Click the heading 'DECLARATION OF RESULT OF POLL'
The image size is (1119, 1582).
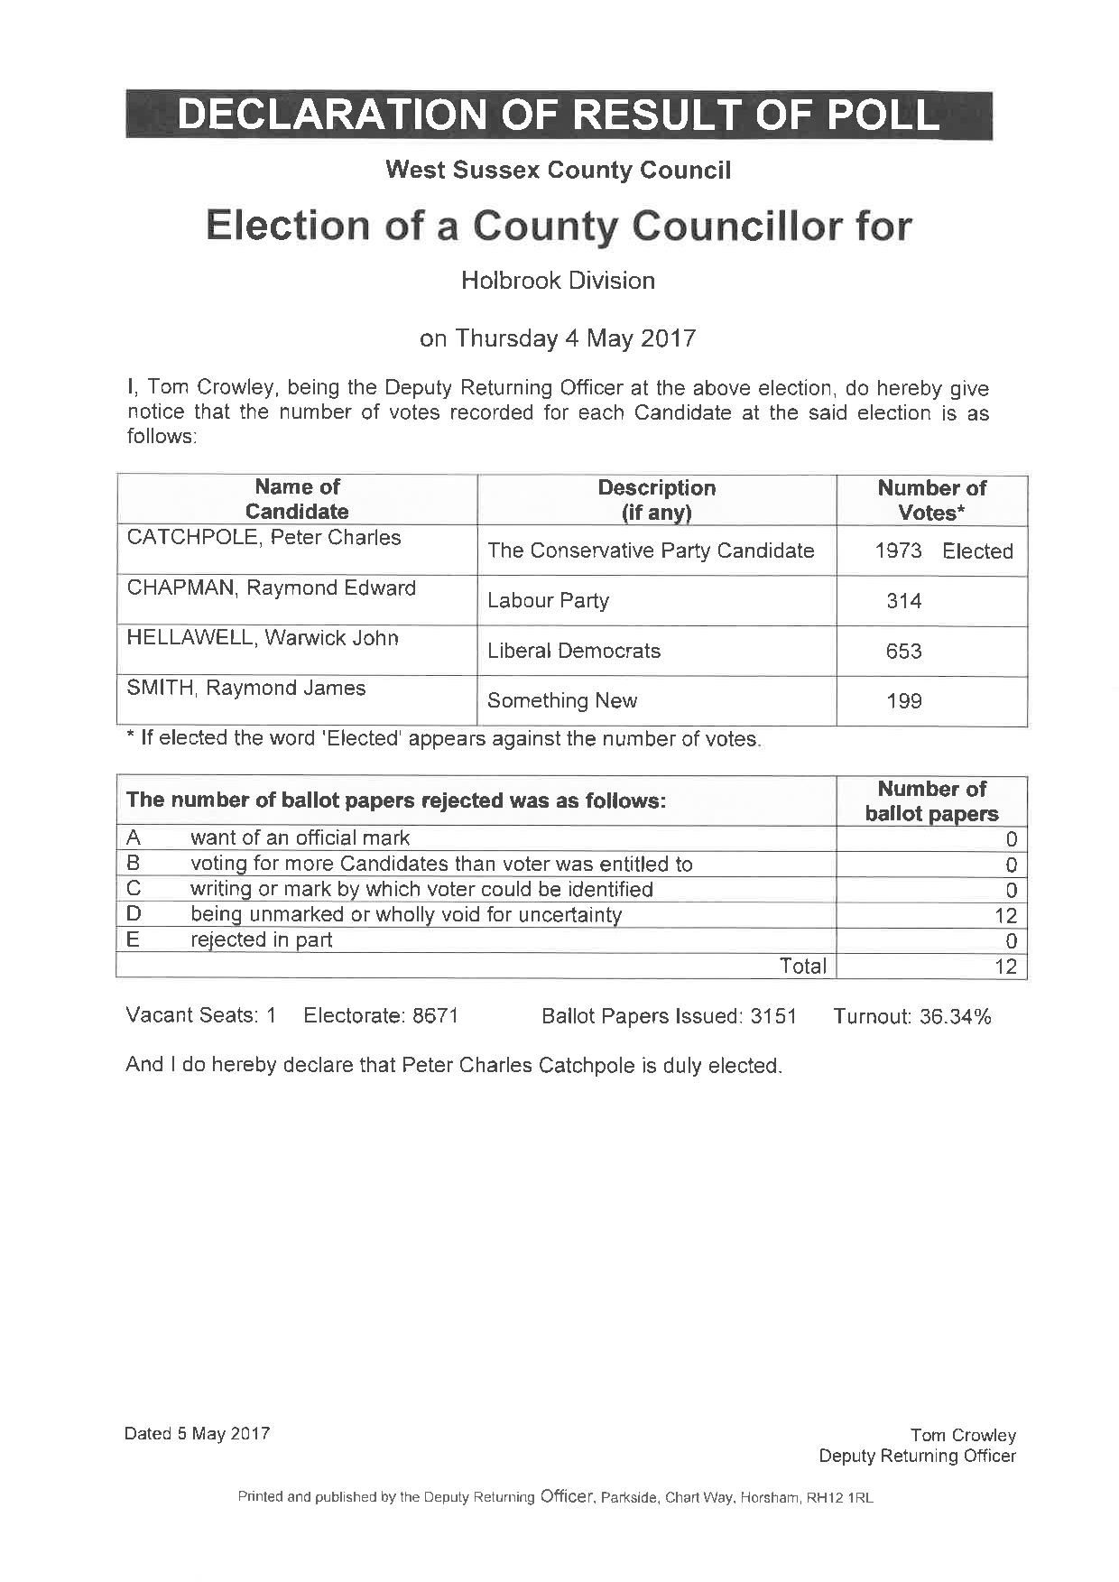pyautogui.click(x=559, y=115)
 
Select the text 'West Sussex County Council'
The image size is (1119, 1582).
pyautogui.click(x=558, y=170)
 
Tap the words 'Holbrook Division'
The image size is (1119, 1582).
pyautogui.click(x=558, y=281)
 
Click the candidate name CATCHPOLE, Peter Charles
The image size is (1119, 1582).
pyautogui.click(x=264, y=538)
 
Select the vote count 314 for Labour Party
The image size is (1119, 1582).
pyautogui.click(x=903, y=601)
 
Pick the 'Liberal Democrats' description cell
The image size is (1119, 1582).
pyautogui.click(x=574, y=651)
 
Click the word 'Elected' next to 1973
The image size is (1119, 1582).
pyautogui.click(x=977, y=551)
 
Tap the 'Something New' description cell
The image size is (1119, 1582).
pyautogui.click(x=562, y=700)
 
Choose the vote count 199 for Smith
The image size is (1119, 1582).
pyautogui.click(x=903, y=701)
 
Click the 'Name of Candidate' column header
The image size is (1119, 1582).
pyautogui.click(x=297, y=499)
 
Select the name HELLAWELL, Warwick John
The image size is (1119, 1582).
pyautogui.click(x=263, y=638)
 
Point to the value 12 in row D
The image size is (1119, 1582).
pyautogui.click(x=1005, y=916)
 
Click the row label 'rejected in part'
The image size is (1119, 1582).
pyautogui.click(x=261, y=939)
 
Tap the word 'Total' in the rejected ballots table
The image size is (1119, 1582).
pyautogui.click(x=802, y=966)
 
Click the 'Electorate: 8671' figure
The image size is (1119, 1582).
pyautogui.click(x=381, y=1016)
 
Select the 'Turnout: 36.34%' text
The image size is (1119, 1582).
pyautogui.click(x=911, y=1017)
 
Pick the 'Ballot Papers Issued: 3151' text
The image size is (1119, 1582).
pyautogui.click(x=669, y=1017)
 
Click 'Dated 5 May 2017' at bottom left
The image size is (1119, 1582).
pyautogui.click(x=197, y=1433)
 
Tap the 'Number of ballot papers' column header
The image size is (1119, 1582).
pyautogui.click(x=931, y=801)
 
